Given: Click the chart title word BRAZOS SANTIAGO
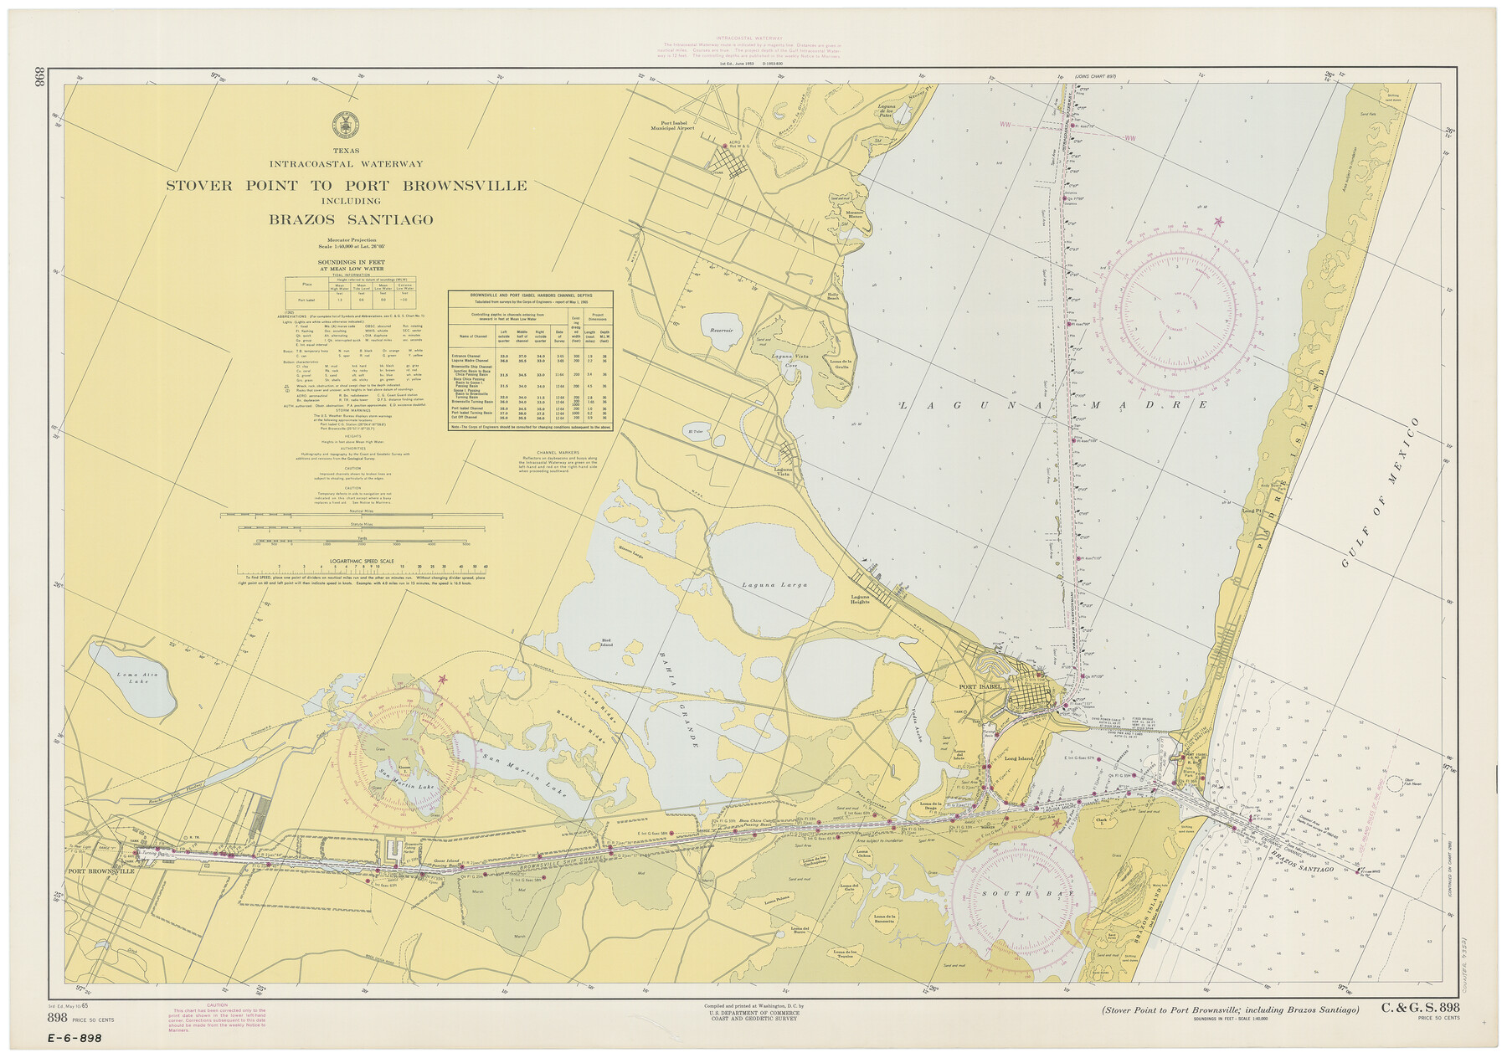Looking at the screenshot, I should (x=351, y=220).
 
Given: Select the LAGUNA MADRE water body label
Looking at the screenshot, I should (x=1053, y=404).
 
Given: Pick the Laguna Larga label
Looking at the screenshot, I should (x=774, y=585).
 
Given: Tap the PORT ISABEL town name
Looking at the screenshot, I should (x=980, y=687).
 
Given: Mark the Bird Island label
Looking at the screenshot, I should (x=606, y=644).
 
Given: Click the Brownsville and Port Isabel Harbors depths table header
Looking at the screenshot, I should (x=531, y=297).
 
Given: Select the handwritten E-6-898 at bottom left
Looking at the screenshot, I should (x=75, y=1039).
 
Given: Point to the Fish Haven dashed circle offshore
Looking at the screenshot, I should (x=1394, y=783).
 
